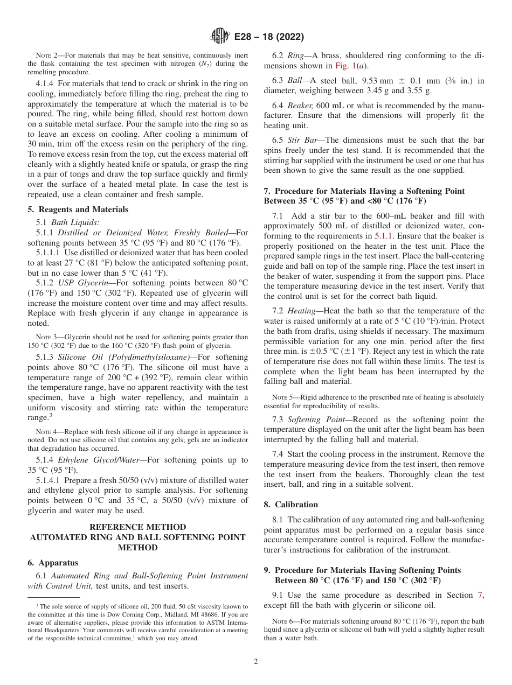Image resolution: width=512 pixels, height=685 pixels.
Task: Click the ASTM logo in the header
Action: pos(219,37)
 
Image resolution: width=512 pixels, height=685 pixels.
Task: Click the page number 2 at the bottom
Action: pos(256,662)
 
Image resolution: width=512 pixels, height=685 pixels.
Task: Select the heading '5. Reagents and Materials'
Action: pos(78,209)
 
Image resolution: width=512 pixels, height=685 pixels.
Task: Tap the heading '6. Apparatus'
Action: pos(52,563)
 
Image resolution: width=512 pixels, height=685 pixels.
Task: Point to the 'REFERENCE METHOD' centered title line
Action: pos(138,527)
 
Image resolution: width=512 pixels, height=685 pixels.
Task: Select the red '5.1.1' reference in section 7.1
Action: pos(384,236)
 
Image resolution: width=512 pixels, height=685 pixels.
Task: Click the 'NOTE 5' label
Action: pos(282,397)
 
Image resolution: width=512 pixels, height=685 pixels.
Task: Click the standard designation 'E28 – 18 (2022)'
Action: pos(269,37)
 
